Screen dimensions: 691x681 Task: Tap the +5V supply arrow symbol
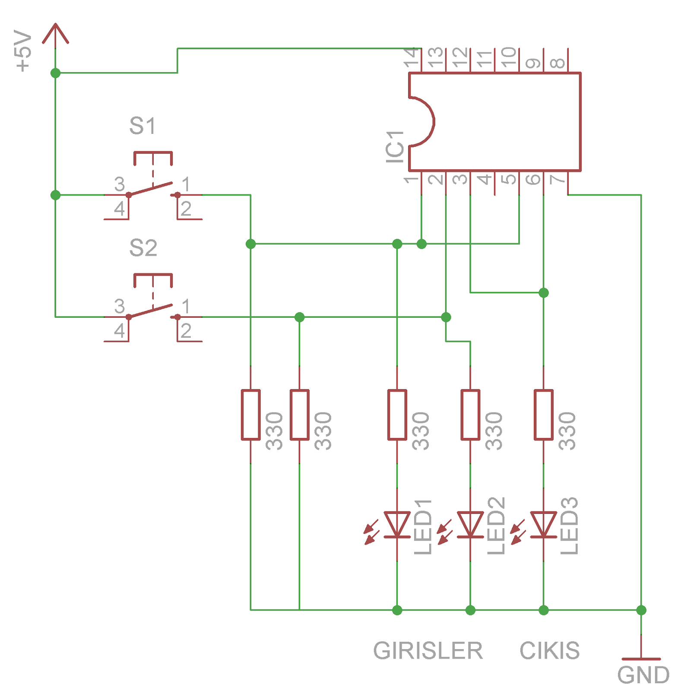tap(55, 34)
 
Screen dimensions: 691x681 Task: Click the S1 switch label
tap(142, 126)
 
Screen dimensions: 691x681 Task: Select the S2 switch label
tap(143, 248)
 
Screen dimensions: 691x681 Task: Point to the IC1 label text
tap(395, 147)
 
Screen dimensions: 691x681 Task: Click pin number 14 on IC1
tap(412, 58)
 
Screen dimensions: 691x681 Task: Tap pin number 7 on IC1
tap(557, 178)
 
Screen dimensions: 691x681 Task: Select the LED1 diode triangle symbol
tap(397, 524)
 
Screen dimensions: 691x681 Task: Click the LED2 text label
tap(496, 526)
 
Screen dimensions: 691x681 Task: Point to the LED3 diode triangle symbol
tap(543, 524)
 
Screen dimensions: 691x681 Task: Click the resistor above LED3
tap(543, 415)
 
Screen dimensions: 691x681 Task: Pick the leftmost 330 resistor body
tap(250, 415)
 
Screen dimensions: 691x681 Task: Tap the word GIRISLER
tap(428, 650)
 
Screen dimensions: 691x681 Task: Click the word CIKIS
tap(549, 650)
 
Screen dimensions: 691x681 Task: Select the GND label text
tap(643, 675)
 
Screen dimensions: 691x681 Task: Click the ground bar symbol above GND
tap(641, 659)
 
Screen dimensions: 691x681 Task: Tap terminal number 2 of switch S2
tap(186, 331)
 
